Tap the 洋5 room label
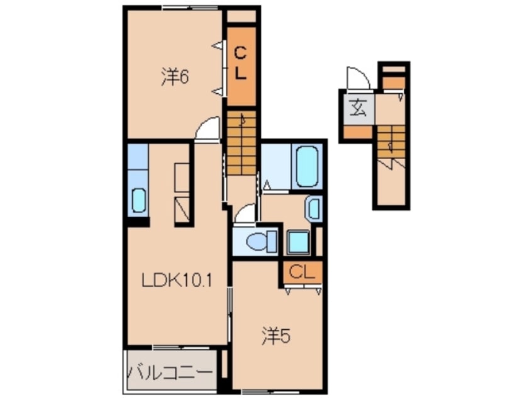coord(275,338)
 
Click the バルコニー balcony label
coord(170,371)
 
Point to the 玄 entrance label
coord(358,108)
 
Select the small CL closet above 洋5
coord(301,273)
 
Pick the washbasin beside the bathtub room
coord(313,208)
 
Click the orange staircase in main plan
coord(241,143)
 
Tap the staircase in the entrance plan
coord(391,142)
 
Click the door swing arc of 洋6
coord(207,130)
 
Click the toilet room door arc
coord(245,215)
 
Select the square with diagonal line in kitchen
coord(182,207)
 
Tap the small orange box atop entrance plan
coord(394,82)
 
